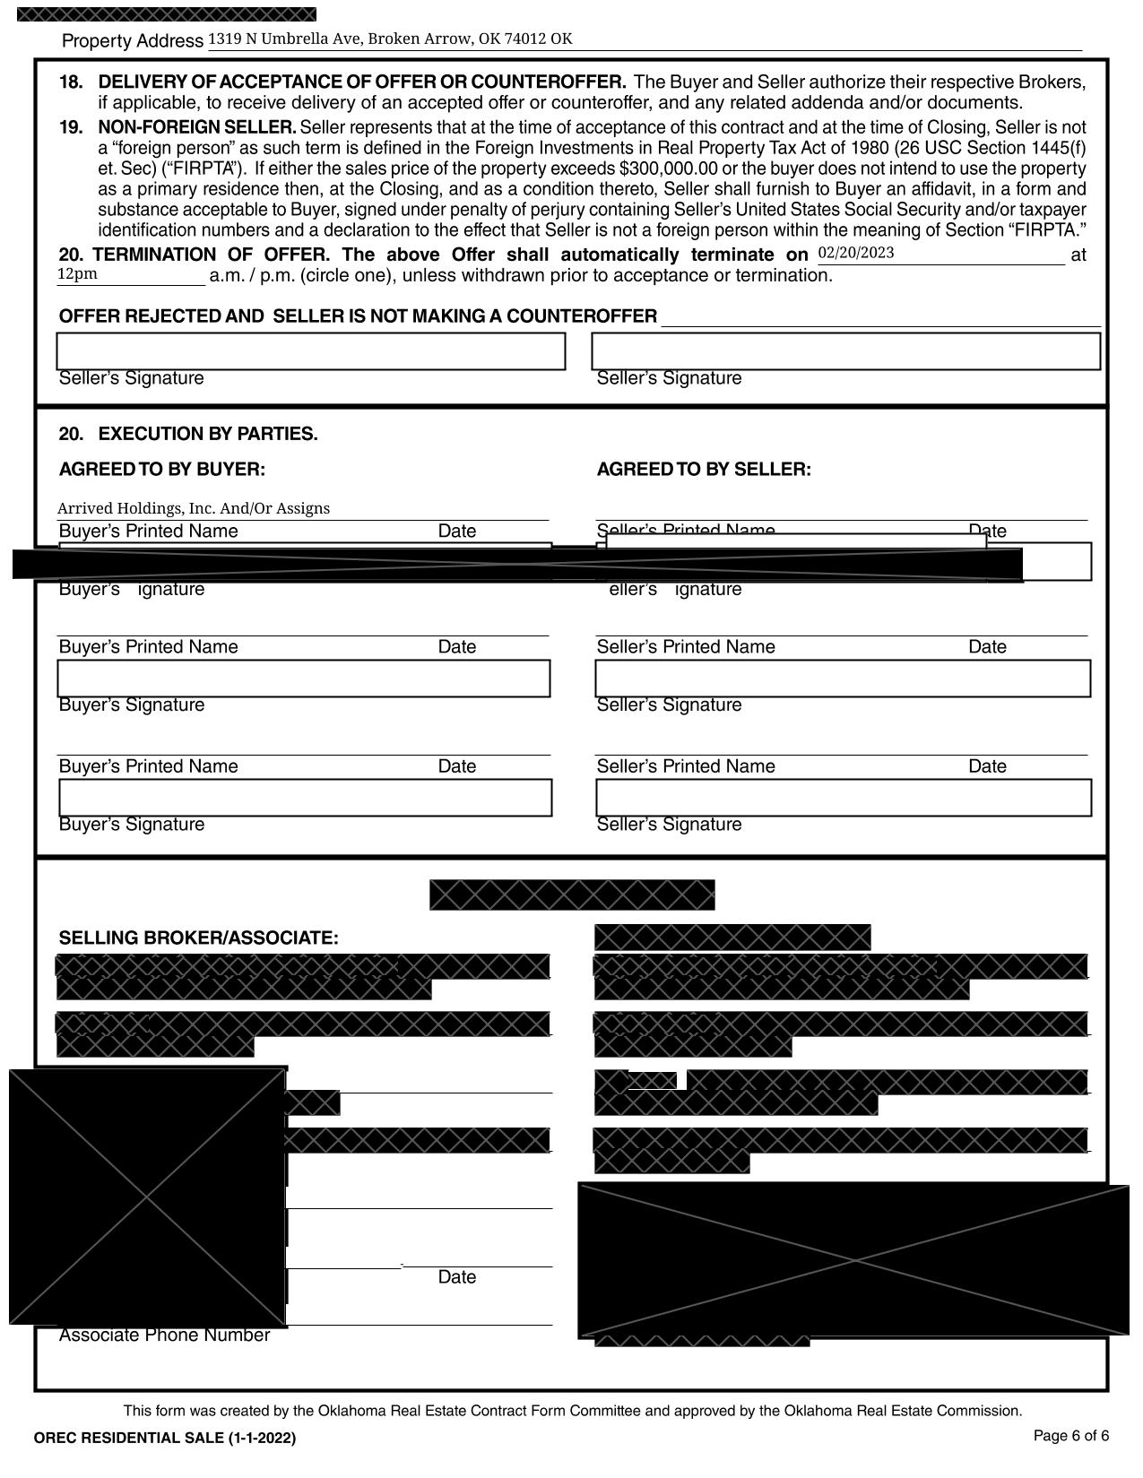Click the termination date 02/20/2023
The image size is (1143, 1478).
855,253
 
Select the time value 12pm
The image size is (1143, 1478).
77,274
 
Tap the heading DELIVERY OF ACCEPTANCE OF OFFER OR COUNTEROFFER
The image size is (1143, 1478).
362,82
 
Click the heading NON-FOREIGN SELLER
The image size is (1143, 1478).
197,127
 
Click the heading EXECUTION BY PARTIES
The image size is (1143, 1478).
208,435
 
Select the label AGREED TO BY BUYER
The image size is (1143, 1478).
162,470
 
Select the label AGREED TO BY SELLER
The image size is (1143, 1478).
704,470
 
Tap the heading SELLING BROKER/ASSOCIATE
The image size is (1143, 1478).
199,938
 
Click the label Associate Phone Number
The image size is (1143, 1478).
164,1335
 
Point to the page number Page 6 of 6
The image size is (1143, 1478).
1071,1436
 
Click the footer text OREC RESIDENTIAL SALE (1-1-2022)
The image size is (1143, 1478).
165,1439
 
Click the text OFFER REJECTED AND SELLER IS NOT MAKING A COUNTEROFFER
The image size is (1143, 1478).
358,316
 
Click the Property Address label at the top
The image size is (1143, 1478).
133,41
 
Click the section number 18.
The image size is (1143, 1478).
71,82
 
